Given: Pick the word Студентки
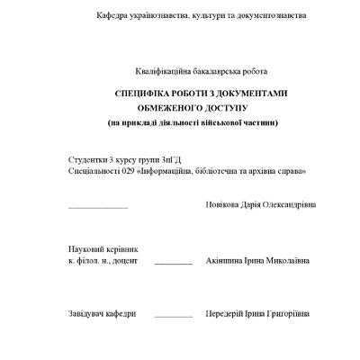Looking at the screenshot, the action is pos(87,159).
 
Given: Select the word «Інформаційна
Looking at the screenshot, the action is pos(168,170).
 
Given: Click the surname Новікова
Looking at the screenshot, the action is pos(224,204).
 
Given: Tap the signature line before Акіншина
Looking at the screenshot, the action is pos(173,264).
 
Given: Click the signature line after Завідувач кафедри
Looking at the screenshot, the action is pos(173,318).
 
